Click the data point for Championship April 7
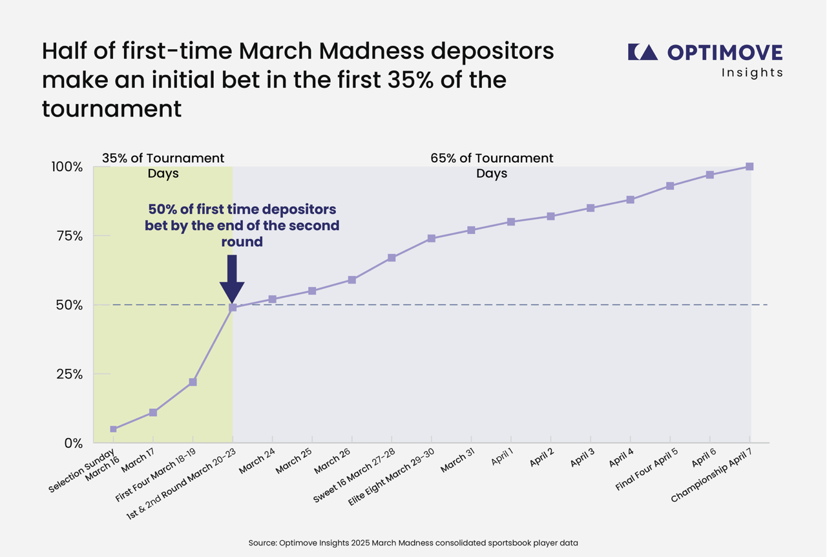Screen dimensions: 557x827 tap(749, 167)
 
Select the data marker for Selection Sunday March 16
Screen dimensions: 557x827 tap(114, 429)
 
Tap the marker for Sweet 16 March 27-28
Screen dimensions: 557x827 tap(392, 258)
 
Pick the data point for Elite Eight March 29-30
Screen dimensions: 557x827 tap(432, 238)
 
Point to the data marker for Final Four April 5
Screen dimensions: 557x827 tap(670, 186)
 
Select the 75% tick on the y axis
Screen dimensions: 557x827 tap(67, 236)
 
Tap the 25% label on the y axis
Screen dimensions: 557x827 tap(67, 374)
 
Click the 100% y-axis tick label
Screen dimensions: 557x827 tap(67, 167)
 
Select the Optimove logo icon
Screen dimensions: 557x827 tap(642, 52)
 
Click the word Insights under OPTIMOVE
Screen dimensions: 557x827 tap(752, 73)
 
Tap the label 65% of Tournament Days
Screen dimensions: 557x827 tap(492, 166)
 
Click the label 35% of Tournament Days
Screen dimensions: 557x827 tap(163, 166)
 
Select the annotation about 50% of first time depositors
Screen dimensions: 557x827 tap(242, 226)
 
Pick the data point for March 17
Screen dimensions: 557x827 tap(153, 412)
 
